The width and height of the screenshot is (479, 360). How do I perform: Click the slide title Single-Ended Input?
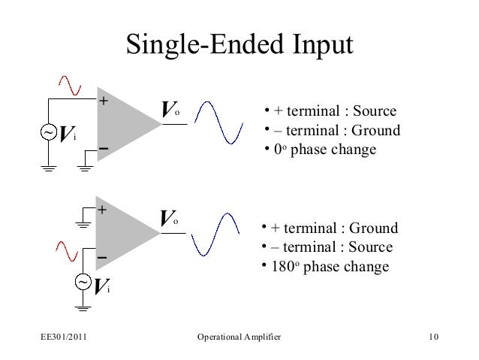tap(239, 44)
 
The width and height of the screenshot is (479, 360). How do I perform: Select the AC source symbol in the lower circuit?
tap(83, 282)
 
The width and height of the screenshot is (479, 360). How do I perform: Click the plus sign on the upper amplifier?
tap(104, 101)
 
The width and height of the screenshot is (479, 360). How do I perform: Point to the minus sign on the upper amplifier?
tap(103, 150)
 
